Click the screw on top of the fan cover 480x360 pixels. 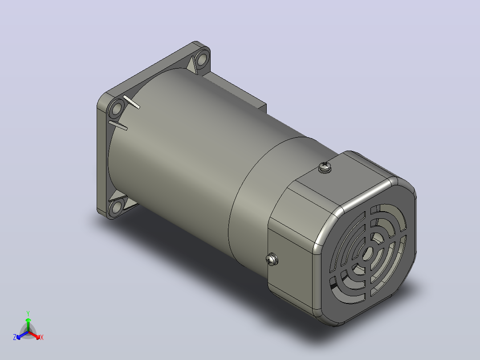[325, 168]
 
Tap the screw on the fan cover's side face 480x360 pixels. [272, 259]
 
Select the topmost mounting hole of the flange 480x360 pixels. [201, 60]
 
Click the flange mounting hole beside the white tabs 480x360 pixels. [117, 108]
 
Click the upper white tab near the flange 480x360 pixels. [131, 102]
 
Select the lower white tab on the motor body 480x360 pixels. [118, 125]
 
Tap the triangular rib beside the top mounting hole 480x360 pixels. [191, 65]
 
